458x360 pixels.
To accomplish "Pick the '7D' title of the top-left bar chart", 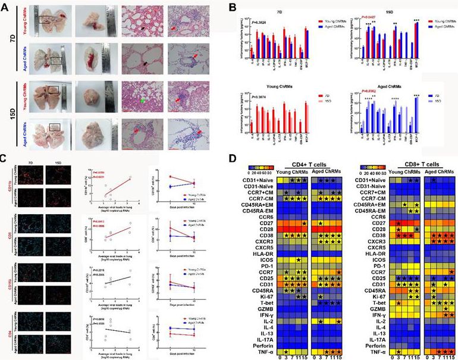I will [x=272, y=11].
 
